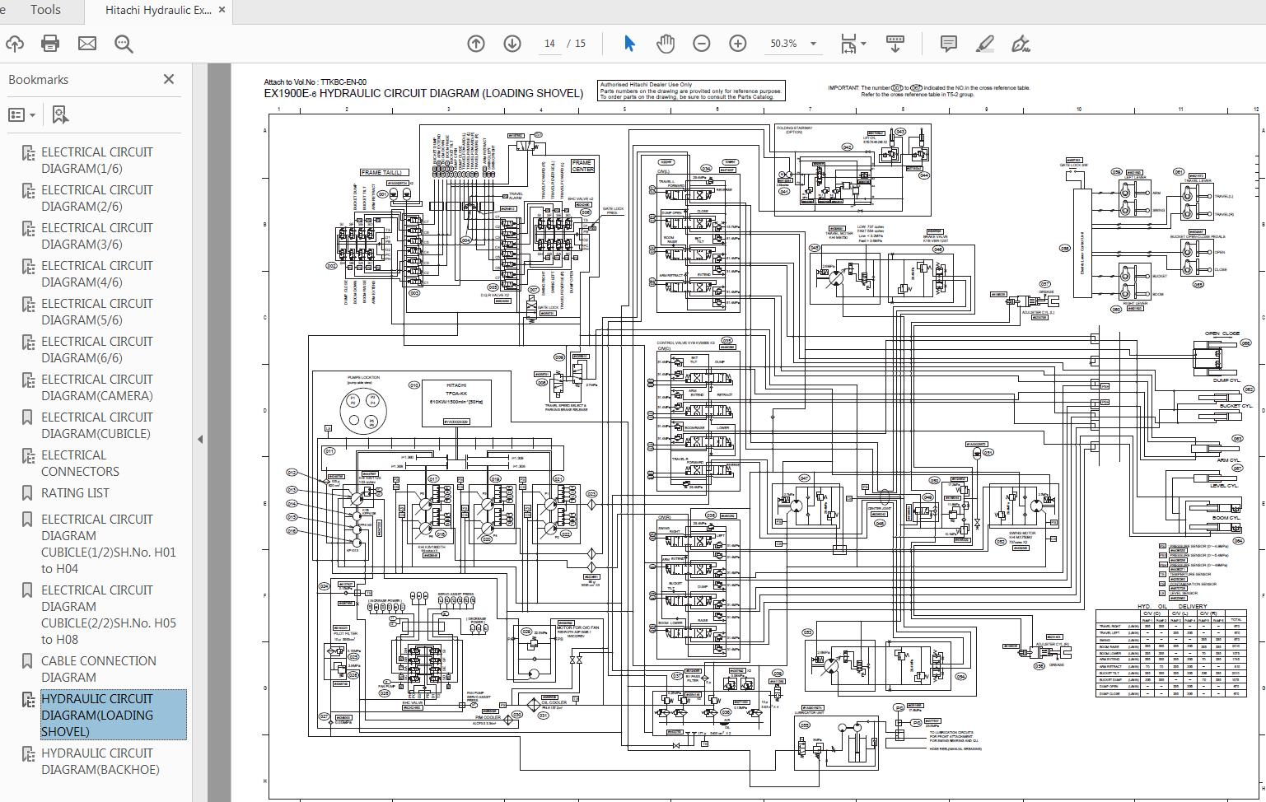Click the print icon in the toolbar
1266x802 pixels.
(x=50, y=44)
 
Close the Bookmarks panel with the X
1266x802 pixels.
(x=169, y=79)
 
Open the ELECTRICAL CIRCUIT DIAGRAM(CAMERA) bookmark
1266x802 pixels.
(x=97, y=387)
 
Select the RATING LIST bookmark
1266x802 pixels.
(x=75, y=492)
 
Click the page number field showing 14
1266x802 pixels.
(x=549, y=44)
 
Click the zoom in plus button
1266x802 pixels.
(x=738, y=44)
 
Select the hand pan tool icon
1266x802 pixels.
(x=666, y=44)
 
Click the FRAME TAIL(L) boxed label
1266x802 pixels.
(x=381, y=173)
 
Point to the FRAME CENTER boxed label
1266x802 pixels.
(x=582, y=166)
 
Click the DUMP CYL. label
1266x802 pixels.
(x=1226, y=380)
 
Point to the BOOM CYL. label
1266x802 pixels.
(x=1226, y=519)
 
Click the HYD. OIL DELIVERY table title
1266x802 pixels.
(x=1170, y=606)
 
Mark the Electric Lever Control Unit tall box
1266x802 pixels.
(x=1082, y=242)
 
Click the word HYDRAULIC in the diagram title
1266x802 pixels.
(x=350, y=93)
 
